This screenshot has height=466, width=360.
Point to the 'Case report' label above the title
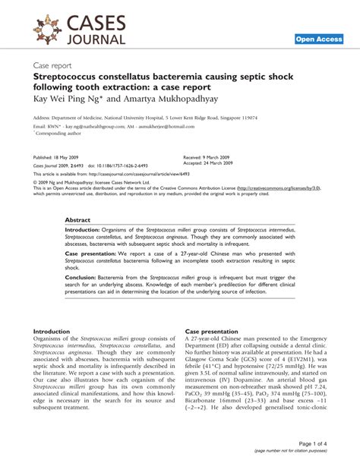point(54,66)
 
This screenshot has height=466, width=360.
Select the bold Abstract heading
point(78,220)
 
